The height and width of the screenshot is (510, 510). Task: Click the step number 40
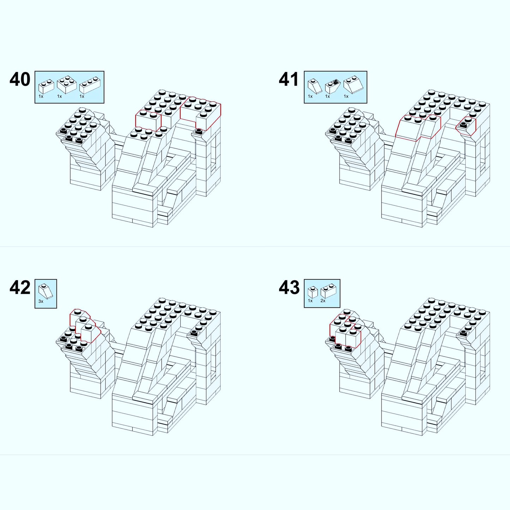pos(20,79)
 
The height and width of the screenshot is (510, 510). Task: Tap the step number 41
pos(289,79)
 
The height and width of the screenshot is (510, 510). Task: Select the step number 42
pos(20,288)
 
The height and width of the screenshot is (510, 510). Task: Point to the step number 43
pos(289,288)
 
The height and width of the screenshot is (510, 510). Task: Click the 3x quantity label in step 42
pos(41,301)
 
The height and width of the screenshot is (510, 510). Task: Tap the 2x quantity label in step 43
pos(323,301)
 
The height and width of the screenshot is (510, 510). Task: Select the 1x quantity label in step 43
pos(310,301)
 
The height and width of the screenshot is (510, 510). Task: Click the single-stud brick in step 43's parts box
pos(312,292)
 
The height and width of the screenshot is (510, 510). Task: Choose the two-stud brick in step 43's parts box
pos(328,291)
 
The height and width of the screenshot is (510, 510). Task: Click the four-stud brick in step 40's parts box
pos(66,84)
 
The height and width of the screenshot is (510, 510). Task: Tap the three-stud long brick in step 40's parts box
pos(89,85)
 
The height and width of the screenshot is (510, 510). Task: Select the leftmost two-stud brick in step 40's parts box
pos(46,86)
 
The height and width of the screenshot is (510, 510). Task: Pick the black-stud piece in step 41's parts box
pos(332,87)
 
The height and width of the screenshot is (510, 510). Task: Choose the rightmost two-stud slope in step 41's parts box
pos(355,85)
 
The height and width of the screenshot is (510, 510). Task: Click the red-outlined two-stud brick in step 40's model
pos(148,120)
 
